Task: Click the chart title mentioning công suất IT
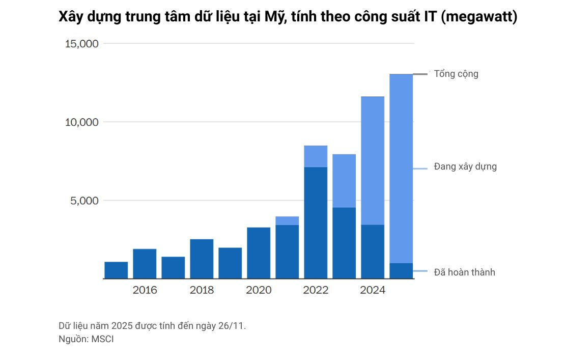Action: (288, 17)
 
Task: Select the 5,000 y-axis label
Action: (84, 201)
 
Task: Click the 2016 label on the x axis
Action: (145, 291)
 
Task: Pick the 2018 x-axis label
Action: (202, 291)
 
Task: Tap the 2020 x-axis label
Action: (259, 291)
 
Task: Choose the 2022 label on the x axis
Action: (316, 291)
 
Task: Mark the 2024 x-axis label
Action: (373, 291)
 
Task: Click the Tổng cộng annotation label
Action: (456, 74)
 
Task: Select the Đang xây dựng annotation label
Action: (465, 167)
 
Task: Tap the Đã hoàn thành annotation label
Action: (464, 272)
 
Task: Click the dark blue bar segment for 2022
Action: (316, 223)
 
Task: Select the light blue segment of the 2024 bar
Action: (373, 160)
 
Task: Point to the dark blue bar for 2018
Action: (202, 259)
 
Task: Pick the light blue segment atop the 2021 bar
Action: (287, 220)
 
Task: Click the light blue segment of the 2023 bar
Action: (344, 181)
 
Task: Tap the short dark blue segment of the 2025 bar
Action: (401, 271)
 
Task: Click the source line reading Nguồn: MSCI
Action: (86, 339)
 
